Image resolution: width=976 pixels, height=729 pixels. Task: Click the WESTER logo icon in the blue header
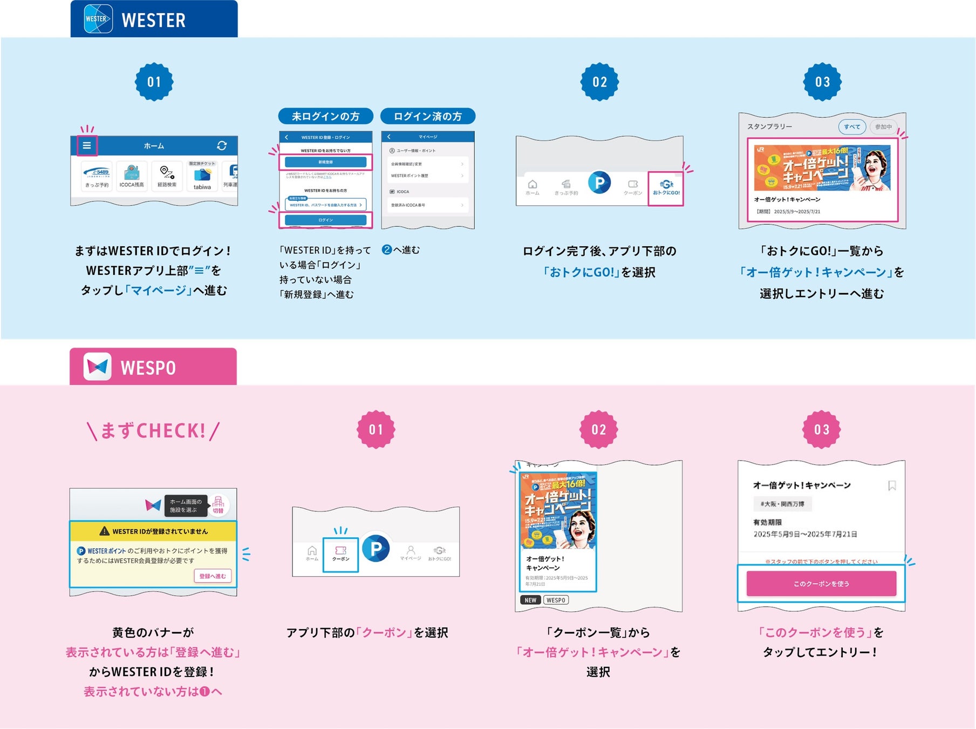(98, 19)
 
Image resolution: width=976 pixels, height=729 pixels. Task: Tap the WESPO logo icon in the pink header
(98, 367)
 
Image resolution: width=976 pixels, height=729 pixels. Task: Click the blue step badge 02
(599, 82)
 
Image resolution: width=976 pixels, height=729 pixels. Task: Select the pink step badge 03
(821, 430)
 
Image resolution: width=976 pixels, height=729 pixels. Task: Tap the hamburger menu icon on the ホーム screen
(87, 146)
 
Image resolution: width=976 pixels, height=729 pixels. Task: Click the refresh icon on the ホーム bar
(222, 146)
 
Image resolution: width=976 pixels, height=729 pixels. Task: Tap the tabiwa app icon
(202, 176)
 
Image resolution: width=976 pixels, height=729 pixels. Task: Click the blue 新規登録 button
(325, 162)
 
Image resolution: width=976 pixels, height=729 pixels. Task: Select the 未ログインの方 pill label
(325, 116)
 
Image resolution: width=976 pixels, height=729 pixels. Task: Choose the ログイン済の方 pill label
(427, 116)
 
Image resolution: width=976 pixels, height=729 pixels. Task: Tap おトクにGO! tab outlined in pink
(666, 188)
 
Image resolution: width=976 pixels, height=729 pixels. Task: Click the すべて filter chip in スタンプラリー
(852, 127)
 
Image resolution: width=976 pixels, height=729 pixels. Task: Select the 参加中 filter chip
(883, 127)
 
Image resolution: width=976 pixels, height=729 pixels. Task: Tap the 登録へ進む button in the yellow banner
(213, 576)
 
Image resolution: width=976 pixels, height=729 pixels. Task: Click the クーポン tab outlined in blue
(340, 554)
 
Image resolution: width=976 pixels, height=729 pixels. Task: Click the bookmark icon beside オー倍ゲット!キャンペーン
(892, 485)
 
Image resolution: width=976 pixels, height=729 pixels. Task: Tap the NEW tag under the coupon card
(530, 600)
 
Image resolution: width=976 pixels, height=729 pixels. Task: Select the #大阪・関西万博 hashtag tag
(782, 504)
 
